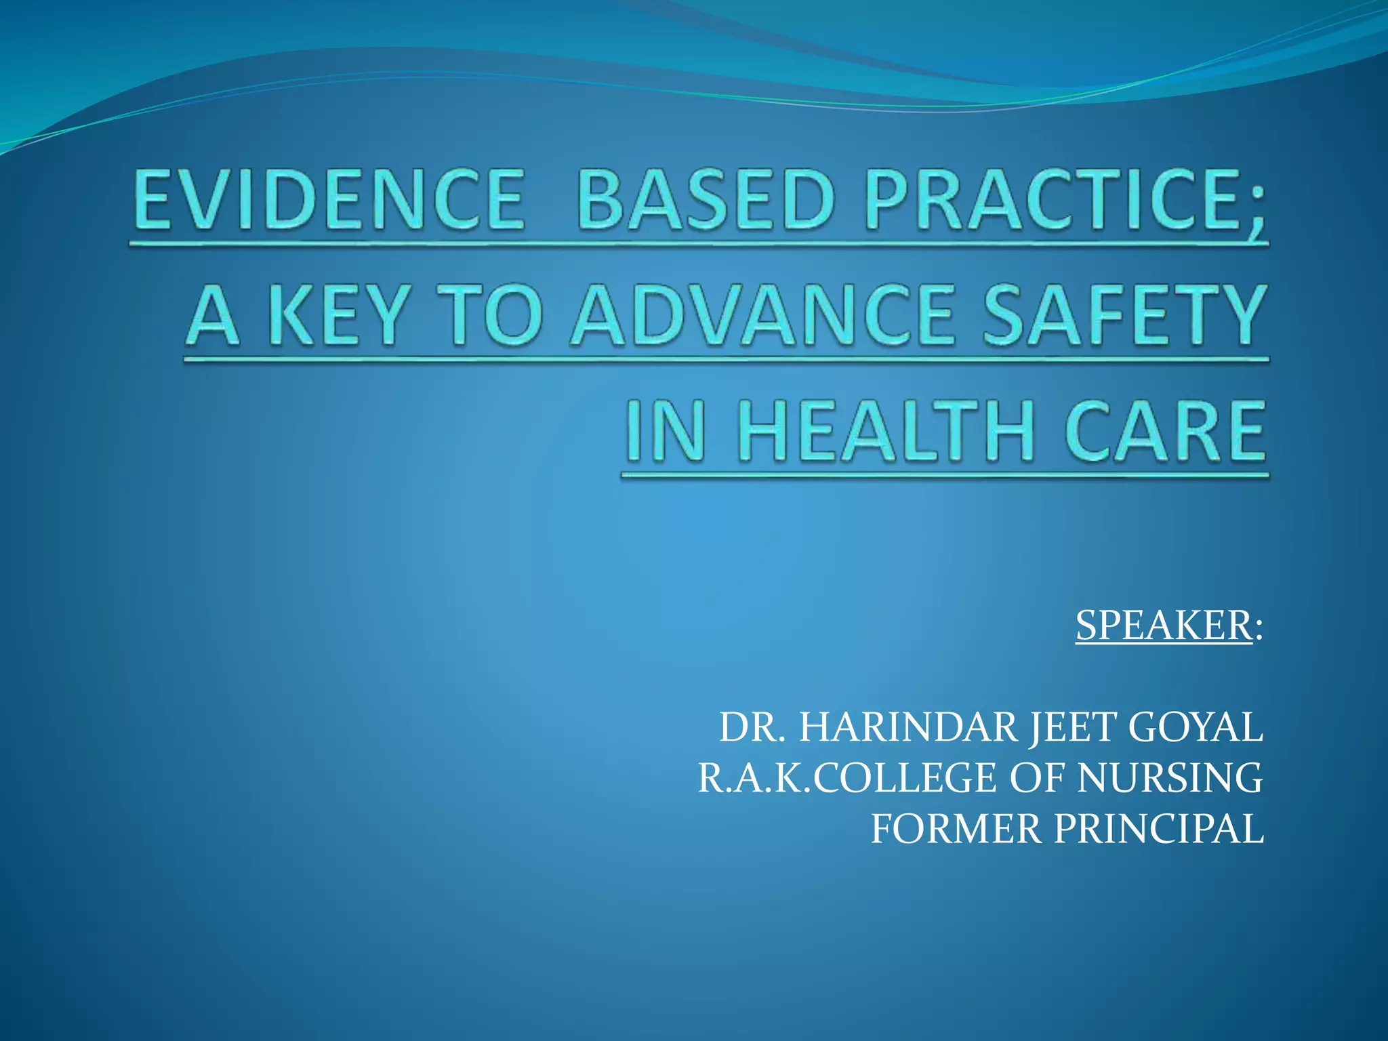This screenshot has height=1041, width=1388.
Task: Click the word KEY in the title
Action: [x=337, y=315]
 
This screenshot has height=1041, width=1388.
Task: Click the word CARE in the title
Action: [x=1164, y=431]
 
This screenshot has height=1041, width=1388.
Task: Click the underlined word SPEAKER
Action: [x=1163, y=625]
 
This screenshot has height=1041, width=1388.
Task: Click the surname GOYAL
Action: [x=1195, y=728]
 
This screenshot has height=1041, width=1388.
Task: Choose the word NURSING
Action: [x=1170, y=778]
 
